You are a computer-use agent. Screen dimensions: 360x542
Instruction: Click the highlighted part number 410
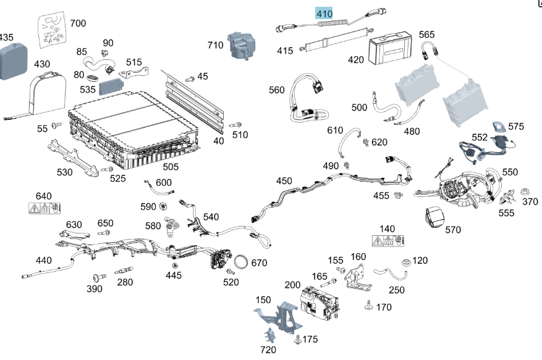[x=324, y=14]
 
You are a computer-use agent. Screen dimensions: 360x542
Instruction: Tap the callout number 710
[x=216, y=45]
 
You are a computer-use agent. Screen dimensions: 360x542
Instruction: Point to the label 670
[x=259, y=263]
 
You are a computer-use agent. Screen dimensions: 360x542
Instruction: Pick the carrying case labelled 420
[x=389, y=50]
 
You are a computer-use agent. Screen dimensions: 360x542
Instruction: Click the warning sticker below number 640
[x=44, y=208]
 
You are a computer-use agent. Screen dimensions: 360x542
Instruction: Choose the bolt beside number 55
[x=56, y=127]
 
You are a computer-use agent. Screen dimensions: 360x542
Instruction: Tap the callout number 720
[x=268, y=350]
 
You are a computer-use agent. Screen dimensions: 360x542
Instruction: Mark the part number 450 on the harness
[x=284, y=181]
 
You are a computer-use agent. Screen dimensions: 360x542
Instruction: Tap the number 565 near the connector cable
[x=426, y=35]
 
